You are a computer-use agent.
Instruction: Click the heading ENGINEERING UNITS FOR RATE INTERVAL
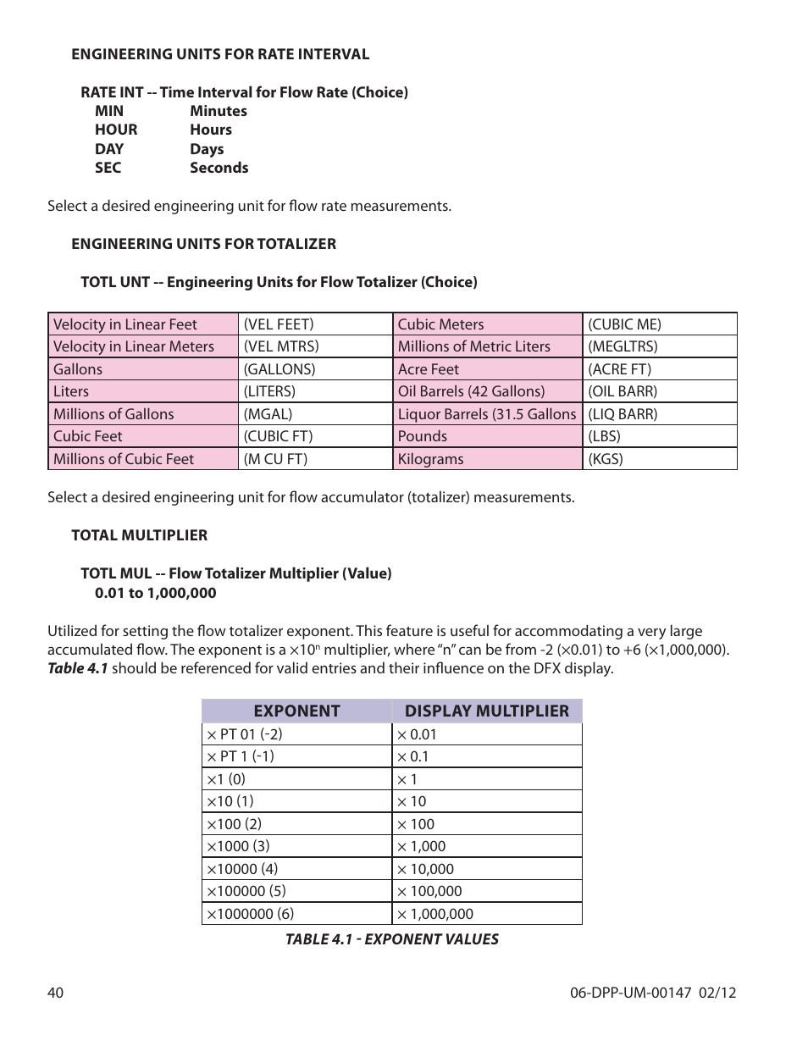click(220, 54)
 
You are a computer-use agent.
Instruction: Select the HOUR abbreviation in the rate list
click(116, 130)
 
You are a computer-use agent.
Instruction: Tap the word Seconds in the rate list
click(219, 168)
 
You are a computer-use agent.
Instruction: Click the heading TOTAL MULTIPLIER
click(139, 535)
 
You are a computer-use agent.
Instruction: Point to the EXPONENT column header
click(296, 711)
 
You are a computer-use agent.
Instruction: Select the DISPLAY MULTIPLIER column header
click(487, 711)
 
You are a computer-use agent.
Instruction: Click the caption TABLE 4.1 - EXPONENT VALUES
click(391, 939)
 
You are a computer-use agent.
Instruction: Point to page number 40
click(56, 993)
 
